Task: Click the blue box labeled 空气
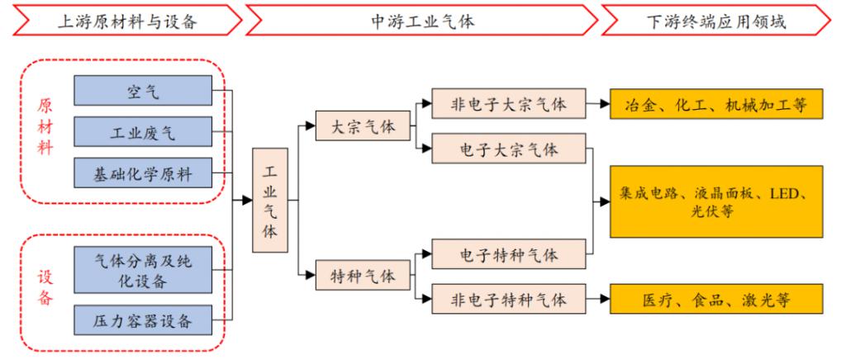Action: tap(143, 91)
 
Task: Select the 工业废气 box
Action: tap(143, 131)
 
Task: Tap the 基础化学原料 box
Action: tap(143, 173)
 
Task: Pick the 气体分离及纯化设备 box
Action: tap(143, 270)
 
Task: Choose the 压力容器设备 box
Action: tap(143, 320)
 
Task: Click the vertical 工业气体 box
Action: tap(270, 201)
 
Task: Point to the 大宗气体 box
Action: tap(364, 126)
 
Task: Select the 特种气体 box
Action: tap(364, 275)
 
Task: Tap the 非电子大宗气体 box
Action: tap(509, 103)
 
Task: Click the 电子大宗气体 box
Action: tap(509, 148)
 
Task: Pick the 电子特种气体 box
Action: tap(509, 253)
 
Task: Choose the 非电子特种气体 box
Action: tap(509, 299)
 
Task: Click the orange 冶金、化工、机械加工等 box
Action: tap(716, 103)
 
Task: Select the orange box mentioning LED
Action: tap(716, 201)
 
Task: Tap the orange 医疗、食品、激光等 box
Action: tap(716, 299)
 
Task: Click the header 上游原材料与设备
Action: tap(127, 21)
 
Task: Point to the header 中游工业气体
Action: tap(423, 21)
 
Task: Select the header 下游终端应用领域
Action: tap(716, 21)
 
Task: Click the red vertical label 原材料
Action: tap(45, 126)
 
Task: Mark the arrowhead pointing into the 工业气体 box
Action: tap(247, 201)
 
